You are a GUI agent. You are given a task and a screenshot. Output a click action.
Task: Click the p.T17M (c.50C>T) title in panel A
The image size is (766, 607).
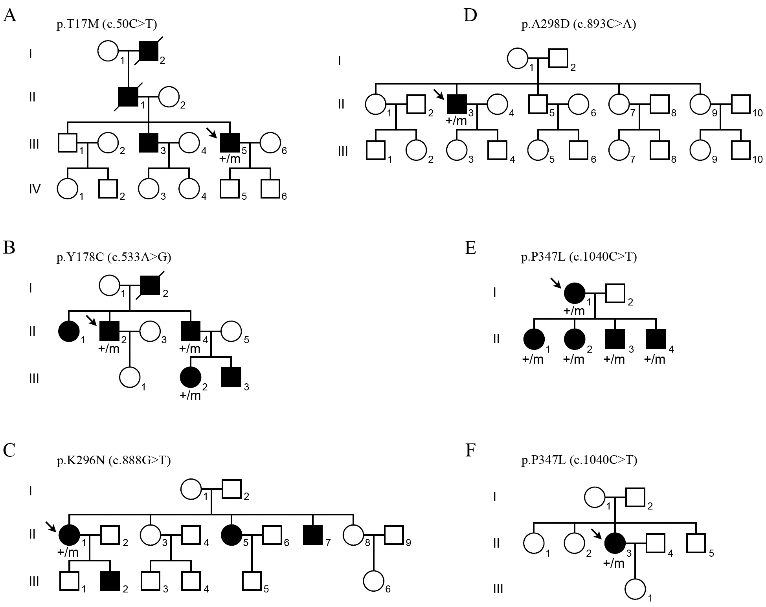(x=107, y=25)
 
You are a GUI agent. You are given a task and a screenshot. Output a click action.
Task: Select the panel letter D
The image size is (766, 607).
(x=470, y=16)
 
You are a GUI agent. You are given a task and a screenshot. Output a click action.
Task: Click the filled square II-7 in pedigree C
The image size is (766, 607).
(x=313, y=534)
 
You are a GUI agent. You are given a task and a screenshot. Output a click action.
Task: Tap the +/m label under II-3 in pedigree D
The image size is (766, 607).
(x=456, y=121)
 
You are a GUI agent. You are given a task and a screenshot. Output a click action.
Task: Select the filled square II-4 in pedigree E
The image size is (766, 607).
(x=656, y=339)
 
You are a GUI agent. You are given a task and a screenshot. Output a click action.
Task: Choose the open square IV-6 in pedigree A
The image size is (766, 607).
(x=270, y=189)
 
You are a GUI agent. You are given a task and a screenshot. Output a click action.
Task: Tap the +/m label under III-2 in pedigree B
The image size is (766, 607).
(x=190, y=395)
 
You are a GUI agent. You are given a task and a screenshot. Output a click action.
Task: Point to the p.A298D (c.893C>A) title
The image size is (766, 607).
(x=579, y=25)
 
